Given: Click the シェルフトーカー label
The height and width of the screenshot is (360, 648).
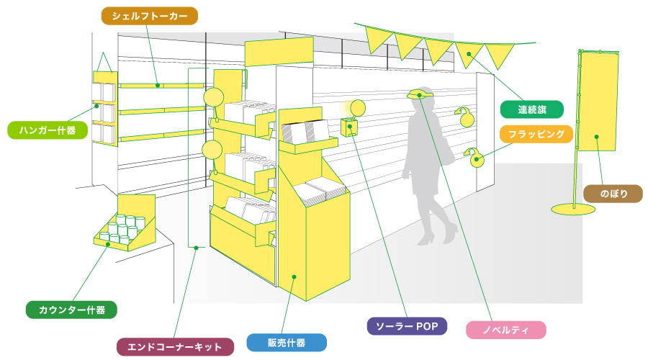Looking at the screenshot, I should click(x=149, y=16).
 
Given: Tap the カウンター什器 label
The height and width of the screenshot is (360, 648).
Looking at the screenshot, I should click(x=71, y=310).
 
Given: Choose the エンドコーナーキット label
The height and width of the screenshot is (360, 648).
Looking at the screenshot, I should click(x=175, y=347).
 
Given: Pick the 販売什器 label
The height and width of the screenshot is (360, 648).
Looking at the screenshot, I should click(x=286, y=342).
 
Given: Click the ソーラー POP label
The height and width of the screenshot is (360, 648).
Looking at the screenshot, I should click(x=407, y=325).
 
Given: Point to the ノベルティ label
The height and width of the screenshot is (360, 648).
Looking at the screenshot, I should click(x=505, y=330).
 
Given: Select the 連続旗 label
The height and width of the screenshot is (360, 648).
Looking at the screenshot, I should click(x=531, y=109).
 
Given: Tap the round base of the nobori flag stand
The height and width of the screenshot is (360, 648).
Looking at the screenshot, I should click(x=573, y=209).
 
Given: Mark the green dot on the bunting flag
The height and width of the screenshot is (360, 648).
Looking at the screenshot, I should click(x=469, y=53).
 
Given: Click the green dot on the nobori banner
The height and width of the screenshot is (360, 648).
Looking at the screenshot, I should click(x=597, y=136).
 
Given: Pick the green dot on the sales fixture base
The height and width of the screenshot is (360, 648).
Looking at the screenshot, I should click(x=294, y=276).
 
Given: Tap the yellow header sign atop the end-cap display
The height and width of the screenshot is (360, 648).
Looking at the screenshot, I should click(x=279, y=51).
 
